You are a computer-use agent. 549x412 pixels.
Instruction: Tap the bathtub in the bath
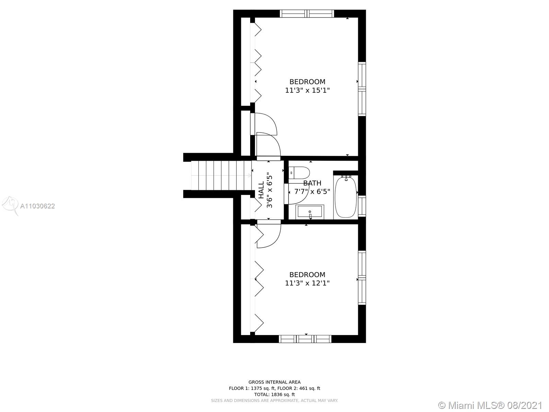[x=346, y=197]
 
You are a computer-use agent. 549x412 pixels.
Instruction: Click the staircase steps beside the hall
[x=221, y=175]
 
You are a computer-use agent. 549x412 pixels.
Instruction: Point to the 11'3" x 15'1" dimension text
[x=307, y=90]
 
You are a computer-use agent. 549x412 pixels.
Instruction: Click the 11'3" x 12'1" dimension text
[x=307, y=283]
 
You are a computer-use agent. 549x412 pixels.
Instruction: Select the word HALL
[x=261, y=190]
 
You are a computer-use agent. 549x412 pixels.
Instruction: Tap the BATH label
[x=312, y=183]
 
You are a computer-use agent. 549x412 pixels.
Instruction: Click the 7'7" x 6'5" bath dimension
[x=312, y=192]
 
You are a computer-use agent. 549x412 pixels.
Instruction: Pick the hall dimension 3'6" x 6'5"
[x=269, y=190]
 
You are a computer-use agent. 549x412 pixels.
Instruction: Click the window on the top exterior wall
[x=307, y=13]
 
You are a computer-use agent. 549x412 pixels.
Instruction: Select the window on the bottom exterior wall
[x=305, y=339]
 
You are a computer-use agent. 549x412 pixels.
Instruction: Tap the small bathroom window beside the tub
[x=362, y=206]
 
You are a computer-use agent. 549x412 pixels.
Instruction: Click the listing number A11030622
[x=37, y=206]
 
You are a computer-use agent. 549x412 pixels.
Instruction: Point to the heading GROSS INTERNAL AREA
[x=274, y=382]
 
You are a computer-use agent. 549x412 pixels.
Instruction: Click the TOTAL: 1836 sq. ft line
[x=274, y=394]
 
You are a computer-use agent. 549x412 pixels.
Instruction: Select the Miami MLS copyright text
[x=490, y=405]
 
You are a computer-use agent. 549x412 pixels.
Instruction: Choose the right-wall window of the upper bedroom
[x=362, y=89]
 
